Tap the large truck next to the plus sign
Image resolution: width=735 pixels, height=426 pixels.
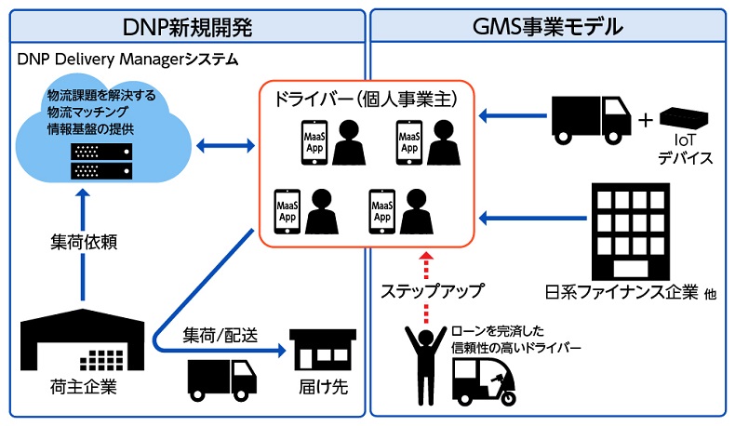click(x=588, y=118)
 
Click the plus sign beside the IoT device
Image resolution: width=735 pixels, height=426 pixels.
click(x=644, y=120)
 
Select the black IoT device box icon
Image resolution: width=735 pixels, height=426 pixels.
click(x=685, y=118)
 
